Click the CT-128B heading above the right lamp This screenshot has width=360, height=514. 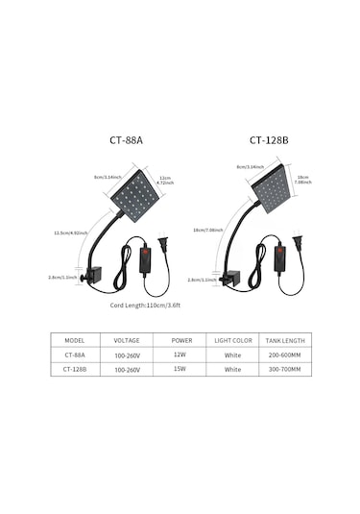(x=269, y=139)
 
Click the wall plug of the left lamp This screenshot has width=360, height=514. (x=161, y=245)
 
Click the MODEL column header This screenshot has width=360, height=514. (x=75, y=340)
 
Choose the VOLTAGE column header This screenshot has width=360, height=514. (x=128, y=340)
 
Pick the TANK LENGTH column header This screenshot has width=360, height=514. (x=284, y=340)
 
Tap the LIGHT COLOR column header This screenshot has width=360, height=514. (x=232, y=340)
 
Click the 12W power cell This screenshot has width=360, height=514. (x=180, y=354)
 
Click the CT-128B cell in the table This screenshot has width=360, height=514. (x=75, y=368)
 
